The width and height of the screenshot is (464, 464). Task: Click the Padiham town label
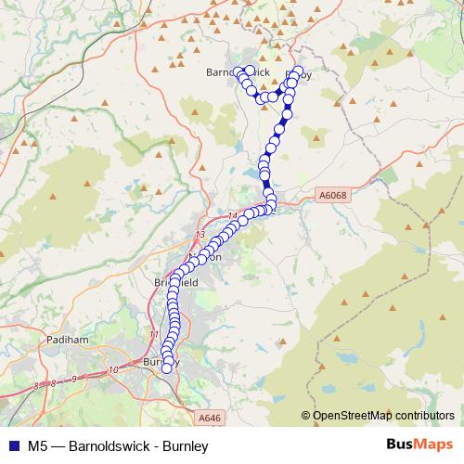(67, 340)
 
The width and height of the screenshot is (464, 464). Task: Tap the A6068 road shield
(330, 196)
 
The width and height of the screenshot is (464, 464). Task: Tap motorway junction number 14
(232, 215)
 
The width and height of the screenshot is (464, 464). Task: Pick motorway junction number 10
(113, 370)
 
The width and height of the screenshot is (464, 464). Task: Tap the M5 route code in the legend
(36, 445)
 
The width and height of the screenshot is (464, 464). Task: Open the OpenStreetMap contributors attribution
(382, 415)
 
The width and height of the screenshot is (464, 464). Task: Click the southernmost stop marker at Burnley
(167, 368)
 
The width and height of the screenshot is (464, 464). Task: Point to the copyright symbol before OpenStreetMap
(305, 415)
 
